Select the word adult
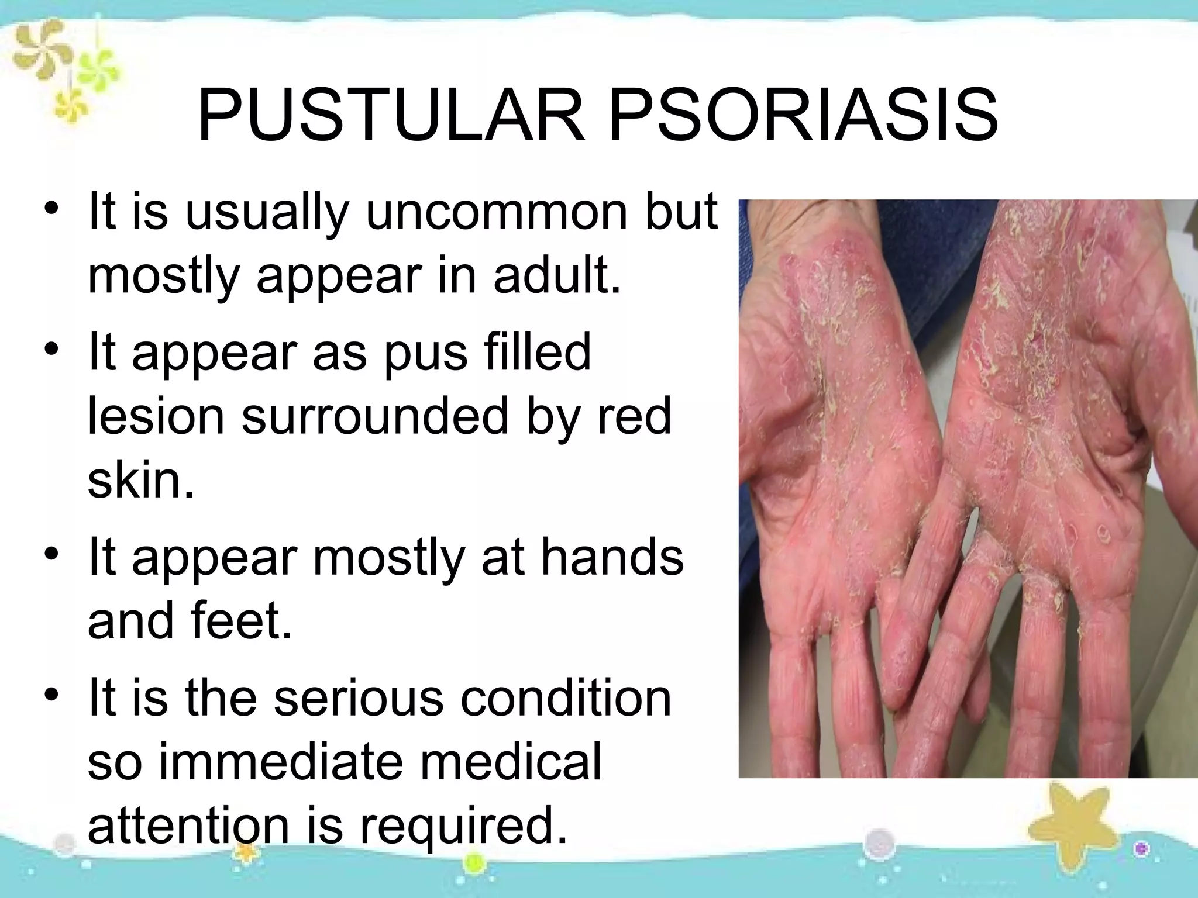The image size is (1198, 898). [x=556, y=276]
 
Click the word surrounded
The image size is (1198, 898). [x=375, y=417]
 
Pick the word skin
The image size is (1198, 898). [x=140, y=481]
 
